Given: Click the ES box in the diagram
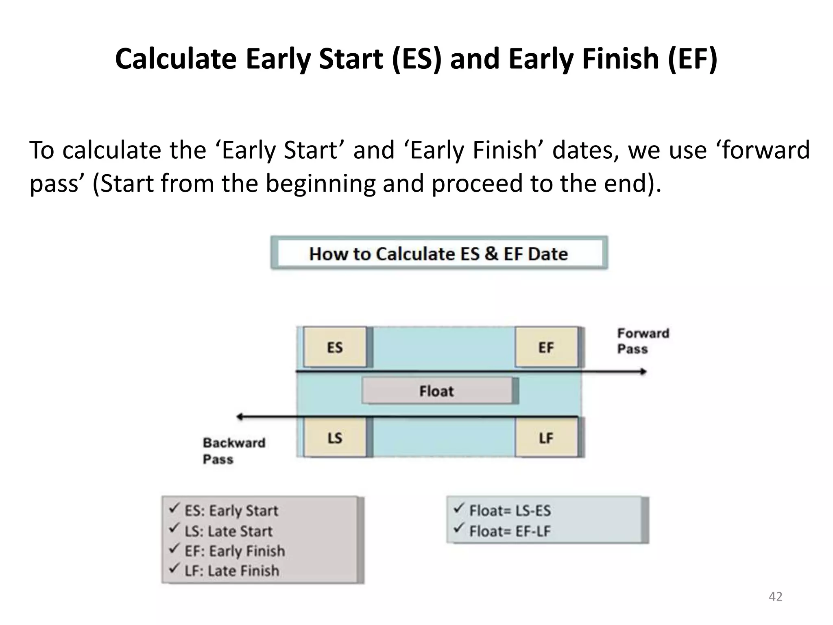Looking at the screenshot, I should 335,347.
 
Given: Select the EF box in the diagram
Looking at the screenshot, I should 546,347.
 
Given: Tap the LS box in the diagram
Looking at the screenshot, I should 335,438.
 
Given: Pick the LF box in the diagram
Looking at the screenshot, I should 546,438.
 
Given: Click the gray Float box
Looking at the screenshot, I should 437,391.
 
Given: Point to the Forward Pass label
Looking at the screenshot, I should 643,341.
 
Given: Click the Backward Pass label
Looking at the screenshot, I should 234,451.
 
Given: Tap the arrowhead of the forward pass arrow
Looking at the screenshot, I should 643,372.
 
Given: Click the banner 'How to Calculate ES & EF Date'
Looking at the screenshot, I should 438,253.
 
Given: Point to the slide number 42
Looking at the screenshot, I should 775,597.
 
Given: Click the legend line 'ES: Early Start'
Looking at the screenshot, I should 231,511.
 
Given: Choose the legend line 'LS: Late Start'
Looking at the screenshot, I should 228,531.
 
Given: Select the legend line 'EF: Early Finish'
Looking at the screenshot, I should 235,551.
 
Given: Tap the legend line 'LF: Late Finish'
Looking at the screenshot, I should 232,571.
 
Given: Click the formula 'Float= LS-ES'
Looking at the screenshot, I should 510,511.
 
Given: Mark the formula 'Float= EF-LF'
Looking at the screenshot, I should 510,531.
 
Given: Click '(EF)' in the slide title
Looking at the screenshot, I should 692,59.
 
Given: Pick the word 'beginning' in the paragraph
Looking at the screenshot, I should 321,183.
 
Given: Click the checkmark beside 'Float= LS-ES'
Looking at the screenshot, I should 459,508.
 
